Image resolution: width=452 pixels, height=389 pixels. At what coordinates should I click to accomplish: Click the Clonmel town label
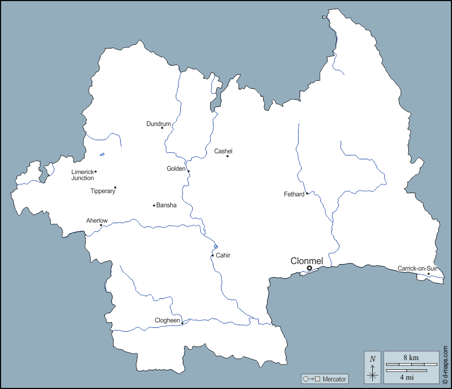tap(307, 261)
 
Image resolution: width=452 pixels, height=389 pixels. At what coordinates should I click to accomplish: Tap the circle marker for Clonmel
tap(310, 268)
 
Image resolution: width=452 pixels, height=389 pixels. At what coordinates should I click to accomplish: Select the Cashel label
tap(223, 151)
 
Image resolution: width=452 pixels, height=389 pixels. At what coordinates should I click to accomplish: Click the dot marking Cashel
tap(228, 157)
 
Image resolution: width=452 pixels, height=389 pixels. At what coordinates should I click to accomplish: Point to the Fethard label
tap(294, 194)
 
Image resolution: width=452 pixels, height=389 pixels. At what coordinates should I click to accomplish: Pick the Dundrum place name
tap(158, 124)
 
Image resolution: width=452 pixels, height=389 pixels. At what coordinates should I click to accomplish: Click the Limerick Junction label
tap(82, 175)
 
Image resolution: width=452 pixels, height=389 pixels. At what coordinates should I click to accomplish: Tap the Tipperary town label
tap(103, 191)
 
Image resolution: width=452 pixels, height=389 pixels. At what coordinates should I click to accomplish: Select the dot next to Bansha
tap(154, 206)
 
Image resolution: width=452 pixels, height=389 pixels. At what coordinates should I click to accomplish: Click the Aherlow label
tap(97, 220)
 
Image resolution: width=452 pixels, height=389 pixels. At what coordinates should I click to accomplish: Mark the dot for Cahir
tap(212, 255)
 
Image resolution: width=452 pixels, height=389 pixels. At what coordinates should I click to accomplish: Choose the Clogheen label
tap(167, 320)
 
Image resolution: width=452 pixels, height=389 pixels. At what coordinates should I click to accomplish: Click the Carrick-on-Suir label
tap(417, 268)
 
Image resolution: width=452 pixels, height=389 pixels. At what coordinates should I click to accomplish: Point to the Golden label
tap(176, 169)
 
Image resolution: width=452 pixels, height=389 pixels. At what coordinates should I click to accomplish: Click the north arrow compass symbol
tap(373, 367)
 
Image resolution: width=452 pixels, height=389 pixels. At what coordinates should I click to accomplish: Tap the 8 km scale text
tap(411, 357)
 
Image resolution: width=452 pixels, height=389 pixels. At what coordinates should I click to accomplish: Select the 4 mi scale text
tap(406, 377)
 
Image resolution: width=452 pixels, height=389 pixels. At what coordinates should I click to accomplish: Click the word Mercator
tap(335, 379)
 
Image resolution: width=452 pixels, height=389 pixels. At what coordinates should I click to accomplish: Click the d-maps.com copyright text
tap(445, 360)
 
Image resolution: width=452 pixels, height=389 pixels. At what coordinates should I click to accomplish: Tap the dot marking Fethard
tap(307, 193)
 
